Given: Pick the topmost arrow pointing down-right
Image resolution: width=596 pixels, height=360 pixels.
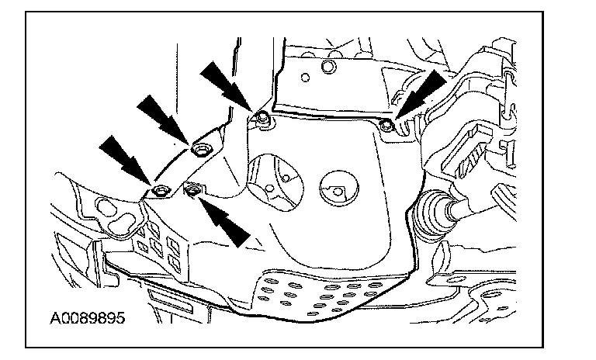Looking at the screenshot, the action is (224, 84).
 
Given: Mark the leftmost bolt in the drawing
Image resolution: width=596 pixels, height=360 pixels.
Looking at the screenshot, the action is (161, 190).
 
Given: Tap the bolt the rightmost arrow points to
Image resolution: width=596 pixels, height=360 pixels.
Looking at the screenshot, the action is (387, 123).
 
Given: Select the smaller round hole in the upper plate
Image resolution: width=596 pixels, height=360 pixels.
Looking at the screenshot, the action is (307, 78).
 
